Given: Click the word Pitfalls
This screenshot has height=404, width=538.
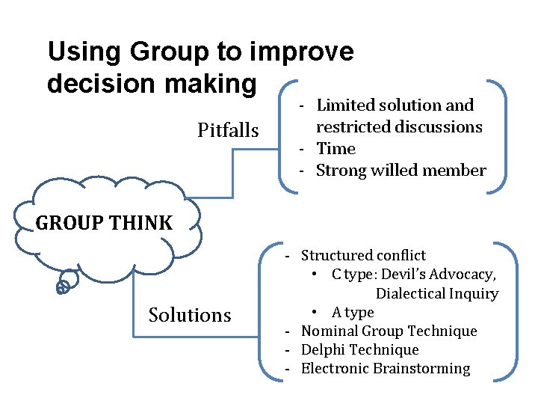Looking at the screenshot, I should tap(228, 131).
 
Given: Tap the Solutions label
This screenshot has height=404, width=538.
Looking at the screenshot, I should tap(190, 315).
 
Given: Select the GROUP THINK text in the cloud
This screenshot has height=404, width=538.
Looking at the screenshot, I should tap(103, 222).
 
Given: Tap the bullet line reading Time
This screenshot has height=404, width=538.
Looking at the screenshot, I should tap(336, 148).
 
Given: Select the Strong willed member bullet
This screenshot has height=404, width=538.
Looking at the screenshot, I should tap(401, 171).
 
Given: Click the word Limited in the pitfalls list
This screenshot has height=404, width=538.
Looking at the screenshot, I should tap(344, 105).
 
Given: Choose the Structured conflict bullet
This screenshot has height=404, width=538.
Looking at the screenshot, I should tap(363, 256).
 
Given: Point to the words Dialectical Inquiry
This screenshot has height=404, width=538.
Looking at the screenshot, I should tap(436, 293).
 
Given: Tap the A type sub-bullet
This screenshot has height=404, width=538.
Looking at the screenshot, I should tap(353, 312).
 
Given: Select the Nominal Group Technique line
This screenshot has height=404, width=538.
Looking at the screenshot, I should tap(389, 331).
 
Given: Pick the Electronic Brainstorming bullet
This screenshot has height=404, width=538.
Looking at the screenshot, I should tap(386, 368).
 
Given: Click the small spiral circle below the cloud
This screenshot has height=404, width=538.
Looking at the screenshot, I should tap(64, 286).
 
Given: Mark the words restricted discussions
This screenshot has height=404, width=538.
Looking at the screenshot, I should tap(399, 127).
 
